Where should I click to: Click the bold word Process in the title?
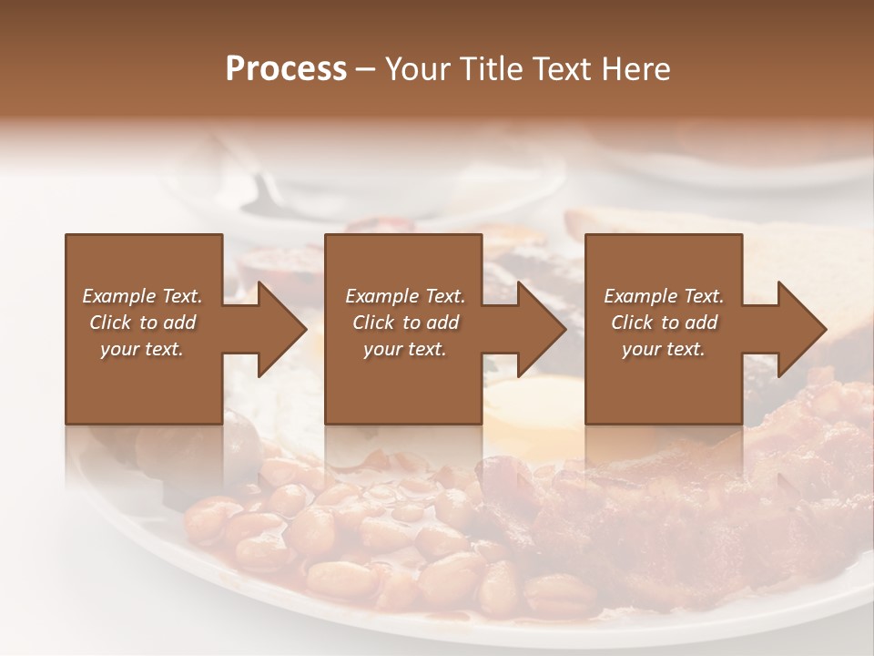286,69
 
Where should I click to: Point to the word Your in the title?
417,69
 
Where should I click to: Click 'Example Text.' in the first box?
142,296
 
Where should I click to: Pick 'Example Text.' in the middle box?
405,296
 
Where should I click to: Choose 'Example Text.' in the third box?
664,296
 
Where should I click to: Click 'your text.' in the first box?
142,349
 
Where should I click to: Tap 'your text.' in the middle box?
405,349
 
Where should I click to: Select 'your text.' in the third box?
664,349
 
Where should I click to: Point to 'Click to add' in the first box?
142,323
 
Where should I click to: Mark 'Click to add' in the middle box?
405,323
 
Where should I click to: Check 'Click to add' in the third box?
664,323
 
